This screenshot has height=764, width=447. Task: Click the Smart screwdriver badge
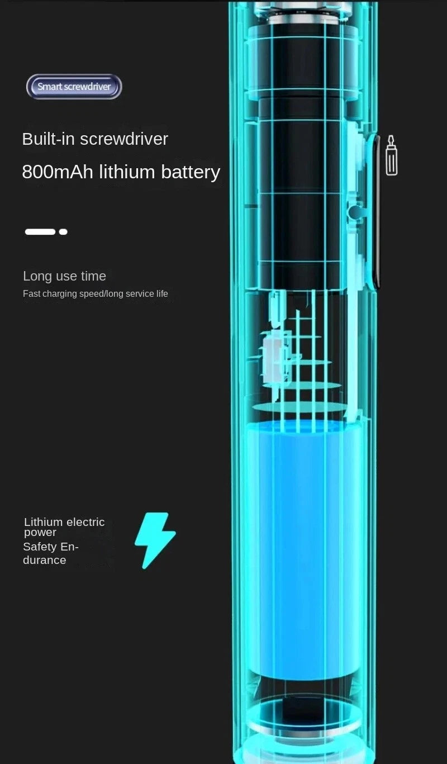pyautogui.click(x=74, y=87)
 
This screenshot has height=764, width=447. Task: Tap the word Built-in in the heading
pyautogui.click(x=48, y=139)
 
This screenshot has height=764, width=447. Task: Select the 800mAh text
pyautogui.click(x=58, y=172)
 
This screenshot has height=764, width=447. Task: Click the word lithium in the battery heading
pyautogui.click(x=127, y=172)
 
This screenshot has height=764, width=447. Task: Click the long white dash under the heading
pyautogui.click(x=40, y=231)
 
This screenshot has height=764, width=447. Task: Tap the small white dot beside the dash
pyautogui.click(x=63, y=231)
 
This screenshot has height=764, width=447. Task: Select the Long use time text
pyautogui.click(x=64, y=276)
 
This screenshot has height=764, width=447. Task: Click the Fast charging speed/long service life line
pyautogui.click(x=95, y=293)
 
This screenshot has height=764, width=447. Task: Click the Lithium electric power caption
pyautogui.click(x=64, y=526)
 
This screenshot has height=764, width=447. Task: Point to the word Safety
pyautogui.click(x=40, y=547)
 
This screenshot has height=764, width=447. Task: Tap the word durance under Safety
pyautogui.click(x=44, y=560)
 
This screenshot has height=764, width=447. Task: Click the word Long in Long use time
pyautogui.click(x=35, y=276)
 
